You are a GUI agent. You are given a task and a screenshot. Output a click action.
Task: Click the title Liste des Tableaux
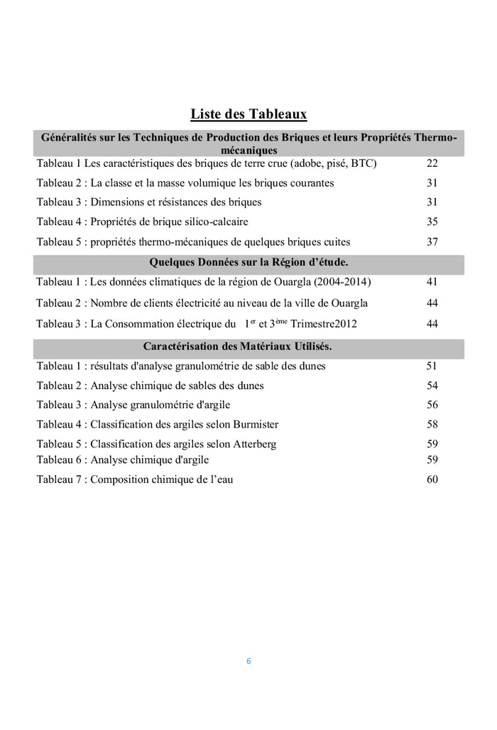click(248, 114)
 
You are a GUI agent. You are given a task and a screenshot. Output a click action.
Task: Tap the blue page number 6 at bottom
click(248, 661)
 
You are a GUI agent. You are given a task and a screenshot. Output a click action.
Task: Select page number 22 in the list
click(432, 163)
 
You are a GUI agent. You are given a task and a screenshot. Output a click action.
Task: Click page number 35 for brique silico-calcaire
click(432, 222)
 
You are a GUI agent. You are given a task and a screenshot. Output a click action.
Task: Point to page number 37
click(432, 241)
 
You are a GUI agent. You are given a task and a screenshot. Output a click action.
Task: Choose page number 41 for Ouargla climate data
click(432, 282)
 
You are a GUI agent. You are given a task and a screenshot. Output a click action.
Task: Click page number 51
click(432, 366)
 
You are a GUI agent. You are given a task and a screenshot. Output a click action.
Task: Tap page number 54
click(432, 386)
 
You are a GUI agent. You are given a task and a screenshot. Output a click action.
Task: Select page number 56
click(432, 405)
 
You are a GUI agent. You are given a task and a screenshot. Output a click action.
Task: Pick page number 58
click(432, 425)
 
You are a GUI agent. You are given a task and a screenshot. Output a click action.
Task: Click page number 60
click(432, 479)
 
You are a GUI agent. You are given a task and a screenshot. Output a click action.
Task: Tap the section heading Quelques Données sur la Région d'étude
click(249, 262)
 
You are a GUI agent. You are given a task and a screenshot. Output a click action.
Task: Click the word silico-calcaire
click(213, 222)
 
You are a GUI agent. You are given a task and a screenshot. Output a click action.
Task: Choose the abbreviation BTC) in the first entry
click(364, 163)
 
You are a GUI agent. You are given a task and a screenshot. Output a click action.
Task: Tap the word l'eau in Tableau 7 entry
click(221, 479)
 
